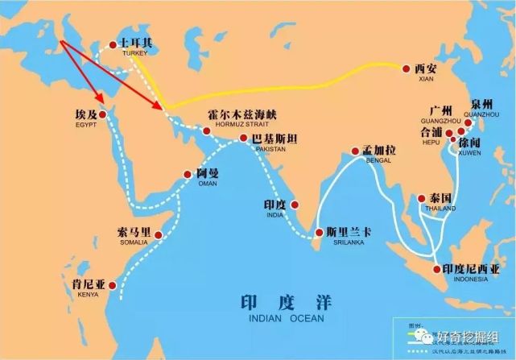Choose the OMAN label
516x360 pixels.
tap(207, 183)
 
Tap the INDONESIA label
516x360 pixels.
tap(470, 279)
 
